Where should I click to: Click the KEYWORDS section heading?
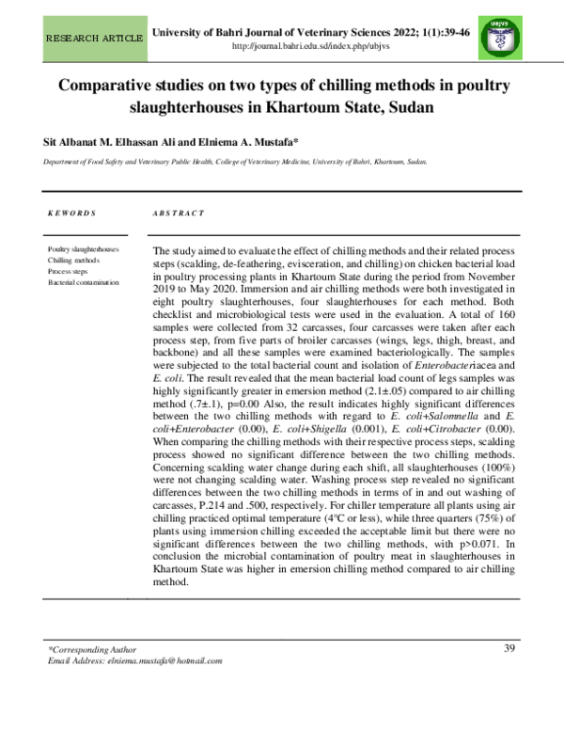coord(71,214)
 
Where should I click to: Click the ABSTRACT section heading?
coord(178,214)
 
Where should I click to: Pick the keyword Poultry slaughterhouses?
coord(83,249)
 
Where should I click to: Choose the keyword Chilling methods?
coord(73,260)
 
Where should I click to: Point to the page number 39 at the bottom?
coord(510,647)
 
